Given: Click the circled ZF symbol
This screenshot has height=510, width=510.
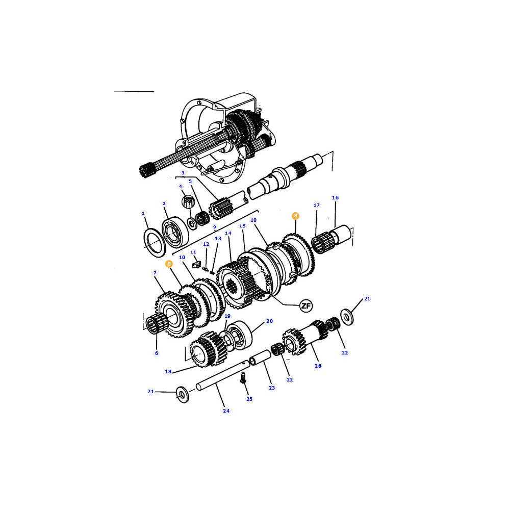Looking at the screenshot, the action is click(305, 305).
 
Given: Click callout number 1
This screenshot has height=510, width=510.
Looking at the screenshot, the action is click(143, 213).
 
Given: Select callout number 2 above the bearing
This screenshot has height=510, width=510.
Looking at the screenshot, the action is click(164, 203).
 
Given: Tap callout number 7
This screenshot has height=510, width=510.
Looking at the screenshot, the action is click(155, 273).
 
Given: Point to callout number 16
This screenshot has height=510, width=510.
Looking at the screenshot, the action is click(336, 197).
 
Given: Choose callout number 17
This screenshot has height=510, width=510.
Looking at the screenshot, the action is click(317, 205).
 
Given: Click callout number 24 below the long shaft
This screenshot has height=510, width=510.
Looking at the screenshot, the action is click(226, 411).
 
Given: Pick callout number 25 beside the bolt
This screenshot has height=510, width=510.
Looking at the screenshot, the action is click(249, 399).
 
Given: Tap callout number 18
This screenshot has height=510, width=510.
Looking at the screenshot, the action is click(168, 371).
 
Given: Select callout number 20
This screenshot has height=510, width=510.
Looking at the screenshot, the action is click(269, 321).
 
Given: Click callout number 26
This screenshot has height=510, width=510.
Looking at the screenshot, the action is click(318, 366).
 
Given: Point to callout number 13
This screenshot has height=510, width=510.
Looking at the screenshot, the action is click(218, 238).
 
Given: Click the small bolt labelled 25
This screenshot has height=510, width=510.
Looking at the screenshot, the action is click(243, 378).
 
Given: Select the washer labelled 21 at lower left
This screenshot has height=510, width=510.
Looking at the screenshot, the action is click(182, 394).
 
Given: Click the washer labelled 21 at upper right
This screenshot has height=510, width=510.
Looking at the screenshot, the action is click(347, 317).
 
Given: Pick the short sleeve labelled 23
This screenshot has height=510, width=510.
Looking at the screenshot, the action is click(260, 357).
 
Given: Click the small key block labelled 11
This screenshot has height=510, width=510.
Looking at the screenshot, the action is click(196, 264).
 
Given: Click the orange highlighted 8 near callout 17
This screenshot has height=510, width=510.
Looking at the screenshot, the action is click(295, 216).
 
